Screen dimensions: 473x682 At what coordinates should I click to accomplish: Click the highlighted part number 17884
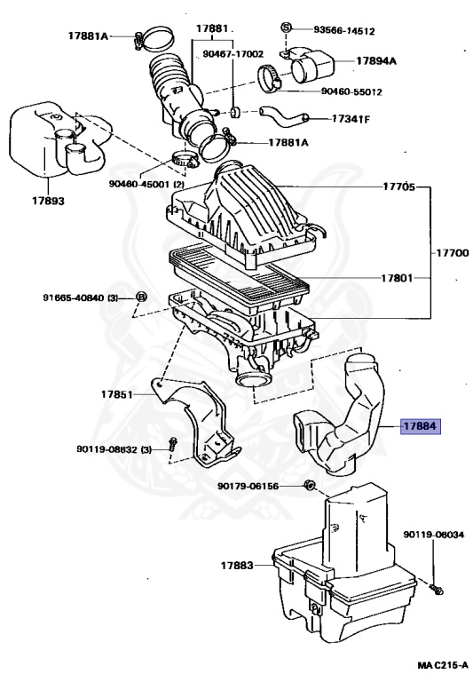[421, 426]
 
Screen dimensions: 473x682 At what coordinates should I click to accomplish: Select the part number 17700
[452, 253]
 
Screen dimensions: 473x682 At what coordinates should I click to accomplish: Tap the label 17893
[48, 201]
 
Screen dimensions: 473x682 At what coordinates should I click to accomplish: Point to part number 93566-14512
[344, 31]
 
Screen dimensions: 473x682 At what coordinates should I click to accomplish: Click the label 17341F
[351, 118]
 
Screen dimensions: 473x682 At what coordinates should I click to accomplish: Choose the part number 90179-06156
[248, 486]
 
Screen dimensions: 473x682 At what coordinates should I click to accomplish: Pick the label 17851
[116, 394]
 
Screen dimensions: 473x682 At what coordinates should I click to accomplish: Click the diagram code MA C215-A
[443, 665]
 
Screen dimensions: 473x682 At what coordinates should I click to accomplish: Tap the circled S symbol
[286, 27]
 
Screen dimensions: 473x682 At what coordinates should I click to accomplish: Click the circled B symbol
[141, 297]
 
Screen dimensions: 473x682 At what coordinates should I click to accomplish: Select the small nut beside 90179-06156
[309, 485]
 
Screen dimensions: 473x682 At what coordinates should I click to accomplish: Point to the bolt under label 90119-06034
[436, 589]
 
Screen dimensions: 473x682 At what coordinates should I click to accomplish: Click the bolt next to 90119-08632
[172, 444]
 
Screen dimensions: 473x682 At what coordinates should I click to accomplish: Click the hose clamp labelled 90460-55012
[269, 78]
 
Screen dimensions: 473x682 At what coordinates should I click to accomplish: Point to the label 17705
[398, 187]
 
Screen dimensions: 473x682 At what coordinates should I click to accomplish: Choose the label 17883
[237, 566]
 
